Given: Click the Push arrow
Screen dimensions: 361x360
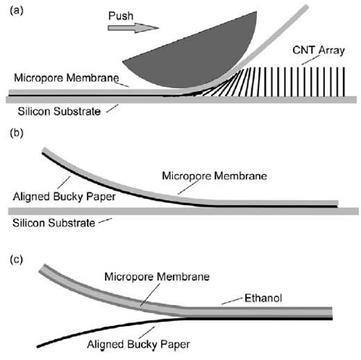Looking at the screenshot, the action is point(133,28).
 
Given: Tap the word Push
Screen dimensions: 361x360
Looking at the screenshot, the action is point(121,16).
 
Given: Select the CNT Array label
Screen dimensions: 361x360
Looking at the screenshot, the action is point(319,51).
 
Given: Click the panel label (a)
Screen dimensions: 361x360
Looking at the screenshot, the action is point(17,10).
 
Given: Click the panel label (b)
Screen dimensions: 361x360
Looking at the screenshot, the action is point(17,133).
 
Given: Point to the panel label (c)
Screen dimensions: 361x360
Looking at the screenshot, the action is point(16,259).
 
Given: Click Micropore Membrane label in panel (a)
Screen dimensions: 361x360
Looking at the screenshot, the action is point(67,78).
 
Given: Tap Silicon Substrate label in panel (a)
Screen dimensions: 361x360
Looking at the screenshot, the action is point(59,111).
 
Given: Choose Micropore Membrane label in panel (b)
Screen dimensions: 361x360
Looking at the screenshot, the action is point(215,175).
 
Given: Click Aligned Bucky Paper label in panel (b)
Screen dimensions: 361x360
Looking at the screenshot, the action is point(65,196).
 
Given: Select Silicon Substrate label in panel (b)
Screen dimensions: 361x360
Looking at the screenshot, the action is point(53,223).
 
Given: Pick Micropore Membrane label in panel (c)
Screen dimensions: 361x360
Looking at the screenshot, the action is point(157,277).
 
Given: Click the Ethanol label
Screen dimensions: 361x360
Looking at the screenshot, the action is point(263,298).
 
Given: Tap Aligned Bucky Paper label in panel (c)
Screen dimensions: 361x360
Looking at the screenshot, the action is point(138,344).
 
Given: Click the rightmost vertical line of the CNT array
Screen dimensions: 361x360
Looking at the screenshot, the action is point(344,82).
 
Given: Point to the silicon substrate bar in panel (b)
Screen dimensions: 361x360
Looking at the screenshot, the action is point(183,211).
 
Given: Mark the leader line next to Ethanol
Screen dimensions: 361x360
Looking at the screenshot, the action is point(232,301).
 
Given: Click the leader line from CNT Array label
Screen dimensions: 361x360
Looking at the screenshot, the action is point(311,60).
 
